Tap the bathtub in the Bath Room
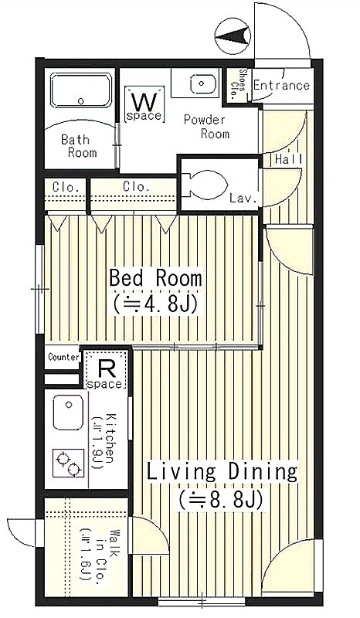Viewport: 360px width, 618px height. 81,90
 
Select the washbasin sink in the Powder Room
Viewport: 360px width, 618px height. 201,83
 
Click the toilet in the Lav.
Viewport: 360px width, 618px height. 206,185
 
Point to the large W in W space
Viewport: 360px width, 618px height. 144,102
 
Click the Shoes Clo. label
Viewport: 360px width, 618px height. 238,84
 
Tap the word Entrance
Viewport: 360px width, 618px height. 281,86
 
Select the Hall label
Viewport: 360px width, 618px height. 289,160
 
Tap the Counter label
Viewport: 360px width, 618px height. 63,357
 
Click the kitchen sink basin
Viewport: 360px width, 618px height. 68,412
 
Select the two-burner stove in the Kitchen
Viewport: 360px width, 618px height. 69,463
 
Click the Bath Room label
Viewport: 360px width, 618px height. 79,146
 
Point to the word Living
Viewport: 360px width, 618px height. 182,471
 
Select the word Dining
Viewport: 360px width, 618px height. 263,471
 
